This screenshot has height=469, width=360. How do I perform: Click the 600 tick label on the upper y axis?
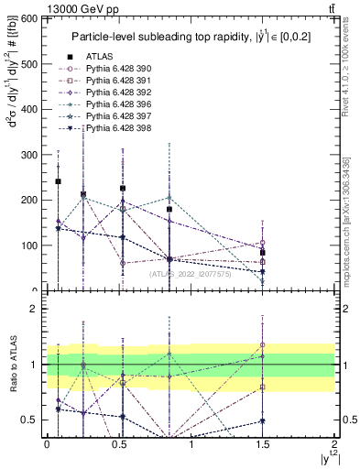click(27, 19)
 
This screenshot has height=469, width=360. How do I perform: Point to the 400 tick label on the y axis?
click(27, 110)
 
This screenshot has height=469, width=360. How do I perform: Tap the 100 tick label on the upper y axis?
click(27, 245)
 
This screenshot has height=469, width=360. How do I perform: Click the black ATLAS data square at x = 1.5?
click(263, 253)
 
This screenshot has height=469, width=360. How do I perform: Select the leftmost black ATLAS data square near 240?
click(59, 181)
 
